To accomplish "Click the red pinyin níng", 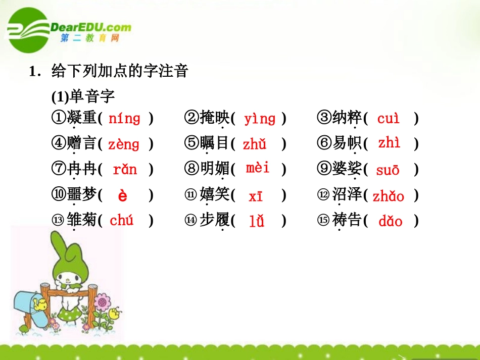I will tap(124, 119).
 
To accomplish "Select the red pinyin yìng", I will tap(260, 119).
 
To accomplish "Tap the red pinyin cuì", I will tap(388, 119).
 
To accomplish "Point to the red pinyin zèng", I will tap(123, 145).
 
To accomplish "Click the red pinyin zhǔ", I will tap(254, 145).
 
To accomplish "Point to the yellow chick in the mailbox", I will tap(39, 304).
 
